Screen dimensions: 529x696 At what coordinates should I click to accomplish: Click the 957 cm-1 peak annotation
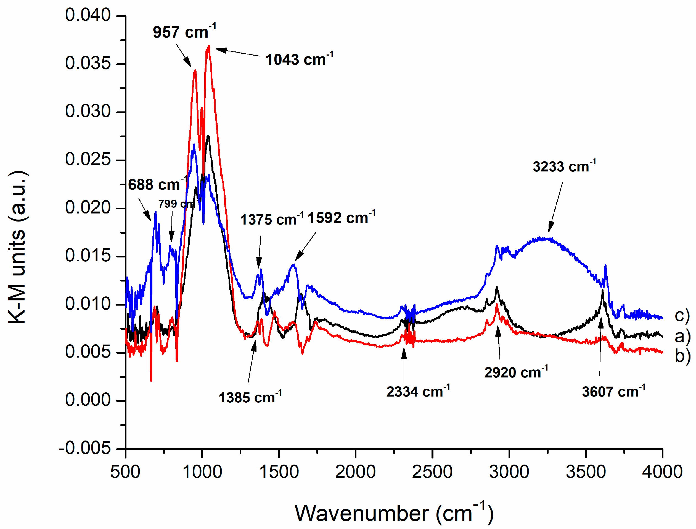[x=184, y=32]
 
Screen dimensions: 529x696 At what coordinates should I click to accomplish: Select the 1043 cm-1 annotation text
[x=299, y=59]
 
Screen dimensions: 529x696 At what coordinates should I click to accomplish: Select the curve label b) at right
[x=682, y=356]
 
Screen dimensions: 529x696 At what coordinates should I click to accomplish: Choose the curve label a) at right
[x=682, y=336]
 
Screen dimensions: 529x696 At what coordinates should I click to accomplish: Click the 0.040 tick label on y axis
[x=88, y=15]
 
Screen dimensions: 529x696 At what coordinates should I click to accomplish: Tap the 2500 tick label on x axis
[x=432, y=472]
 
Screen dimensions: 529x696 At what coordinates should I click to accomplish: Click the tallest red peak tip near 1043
[x=209, y=46]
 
